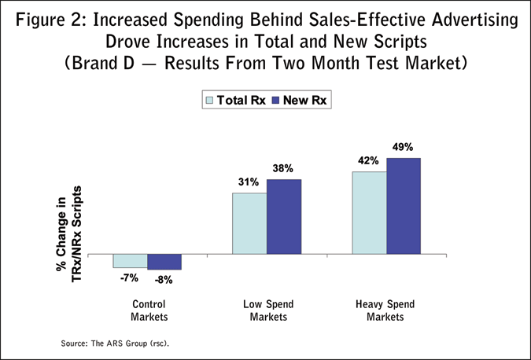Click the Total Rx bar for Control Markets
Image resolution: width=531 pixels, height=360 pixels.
130,262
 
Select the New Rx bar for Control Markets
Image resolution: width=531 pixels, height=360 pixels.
164,263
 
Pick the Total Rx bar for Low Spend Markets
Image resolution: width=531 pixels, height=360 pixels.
249,223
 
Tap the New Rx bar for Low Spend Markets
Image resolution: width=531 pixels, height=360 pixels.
284,217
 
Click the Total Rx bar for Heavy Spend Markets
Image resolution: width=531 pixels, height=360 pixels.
369,213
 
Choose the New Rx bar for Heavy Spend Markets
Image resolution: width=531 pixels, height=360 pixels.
404,206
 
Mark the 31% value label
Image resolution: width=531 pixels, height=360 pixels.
249,183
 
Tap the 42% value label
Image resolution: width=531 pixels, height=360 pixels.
368,160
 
